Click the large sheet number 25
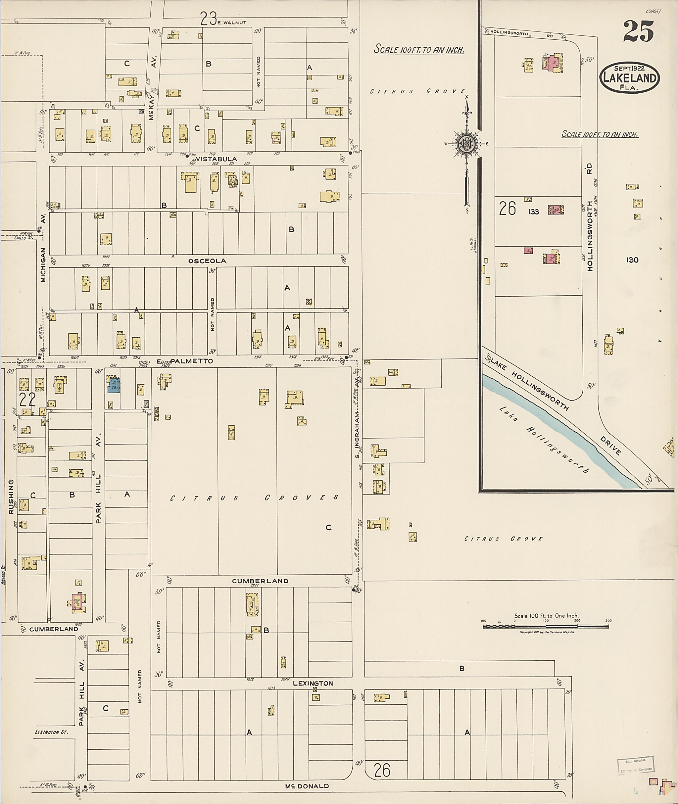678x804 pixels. tap(638, 31)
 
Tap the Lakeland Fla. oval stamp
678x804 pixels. tap(630, 78)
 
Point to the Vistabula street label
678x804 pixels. tap(217, 159)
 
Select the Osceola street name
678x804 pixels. tap(207, 261)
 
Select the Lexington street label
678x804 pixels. tap(313, 683)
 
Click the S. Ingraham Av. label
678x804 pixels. tap(358, 419)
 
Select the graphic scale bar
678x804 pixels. tap(546, 627)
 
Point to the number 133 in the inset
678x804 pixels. tap(533, 212)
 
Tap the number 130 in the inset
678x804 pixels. tap(632, 260)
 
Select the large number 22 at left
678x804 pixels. tap(27, 400)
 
